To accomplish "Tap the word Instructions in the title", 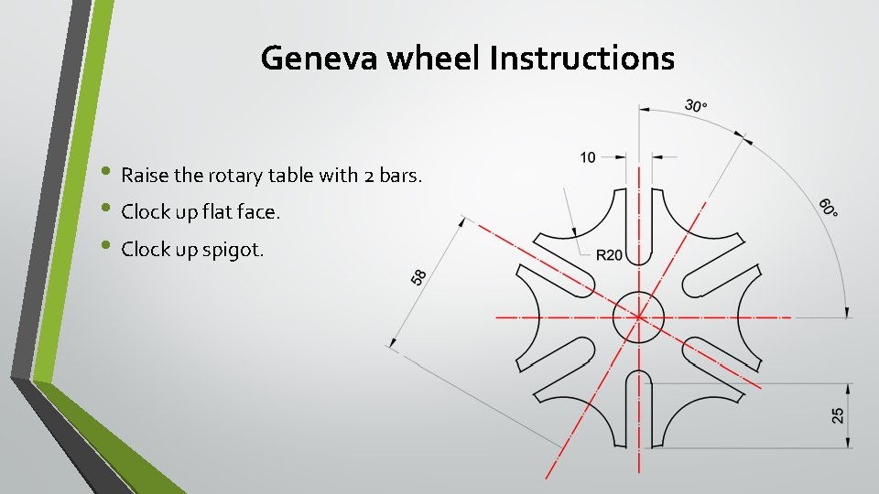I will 581,59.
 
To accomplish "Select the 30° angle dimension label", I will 696,106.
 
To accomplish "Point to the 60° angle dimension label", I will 828,207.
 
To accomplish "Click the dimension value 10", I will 588,157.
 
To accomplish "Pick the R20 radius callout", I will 609,254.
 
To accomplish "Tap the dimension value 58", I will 419,276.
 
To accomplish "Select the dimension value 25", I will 838,415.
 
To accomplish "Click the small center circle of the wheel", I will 638,317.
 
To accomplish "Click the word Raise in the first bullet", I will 142,175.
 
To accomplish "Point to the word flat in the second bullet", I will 205,212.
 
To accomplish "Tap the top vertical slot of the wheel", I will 638,215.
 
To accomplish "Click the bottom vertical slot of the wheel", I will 638,416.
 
